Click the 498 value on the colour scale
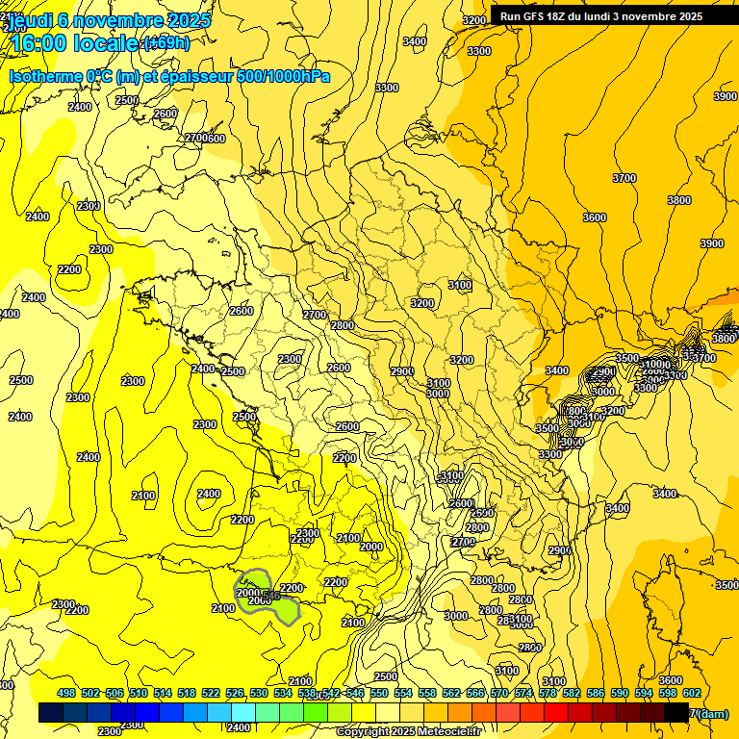coord(66,693)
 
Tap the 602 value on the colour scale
coord(691,693)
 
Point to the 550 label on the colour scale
coord(378,693)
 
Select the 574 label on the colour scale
coord(522,693)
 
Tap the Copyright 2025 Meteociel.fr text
coord(408,731)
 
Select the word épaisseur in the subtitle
coord(197,76)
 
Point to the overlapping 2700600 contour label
coord(205,139)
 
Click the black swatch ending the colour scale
coord(676,712)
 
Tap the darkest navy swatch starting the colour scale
coord(51,712)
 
